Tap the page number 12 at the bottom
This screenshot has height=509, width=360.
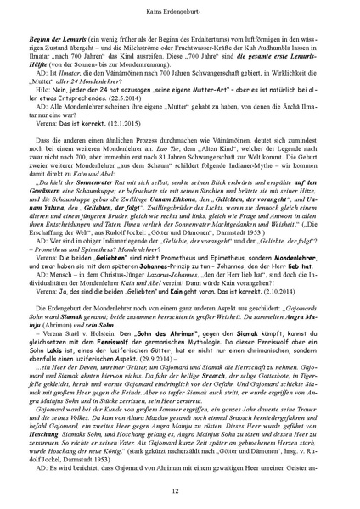pyautogui.click(x=179, y=489)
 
